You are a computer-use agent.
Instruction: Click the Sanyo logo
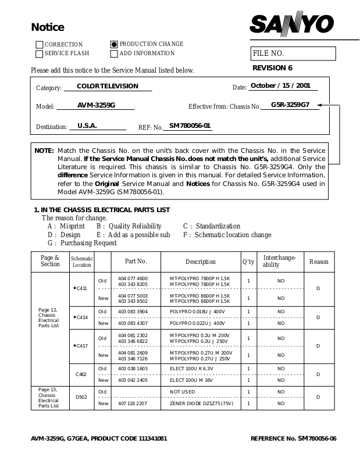(292, 24)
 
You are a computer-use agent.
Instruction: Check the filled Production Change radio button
(114, 44)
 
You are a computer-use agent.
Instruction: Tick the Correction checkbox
(40, 45)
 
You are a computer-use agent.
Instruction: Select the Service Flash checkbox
(40, 54)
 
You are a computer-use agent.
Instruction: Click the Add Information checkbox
(114, 53)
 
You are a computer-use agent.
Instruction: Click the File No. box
(293, 53)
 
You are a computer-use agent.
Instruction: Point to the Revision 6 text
(272, 68)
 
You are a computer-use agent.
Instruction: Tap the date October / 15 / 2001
(280, 86)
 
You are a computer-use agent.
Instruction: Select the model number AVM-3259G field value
(97, 106)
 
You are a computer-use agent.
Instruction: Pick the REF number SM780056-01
(190, 126)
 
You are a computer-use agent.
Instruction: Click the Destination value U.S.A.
(87, 126)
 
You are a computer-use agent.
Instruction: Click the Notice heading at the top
(47, 28)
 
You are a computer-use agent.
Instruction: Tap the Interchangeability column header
(280, 261)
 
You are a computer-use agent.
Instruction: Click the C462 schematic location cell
(81, 374)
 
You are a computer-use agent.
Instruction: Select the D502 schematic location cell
(81, 397)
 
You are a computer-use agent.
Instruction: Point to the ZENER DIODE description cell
(200, 403)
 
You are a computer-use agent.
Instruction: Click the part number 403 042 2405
(133, 380)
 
